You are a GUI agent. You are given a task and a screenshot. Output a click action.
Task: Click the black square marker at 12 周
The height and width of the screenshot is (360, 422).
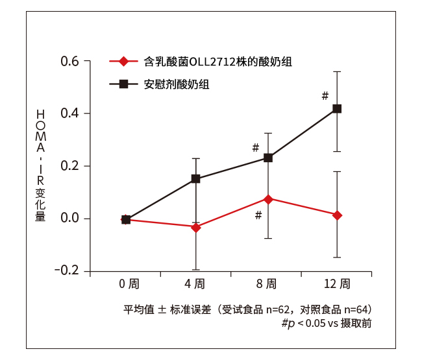coord(337,109)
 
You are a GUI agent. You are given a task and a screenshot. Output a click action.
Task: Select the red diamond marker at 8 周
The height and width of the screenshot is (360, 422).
coord(269,198)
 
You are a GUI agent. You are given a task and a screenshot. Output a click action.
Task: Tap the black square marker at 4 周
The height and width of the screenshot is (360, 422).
coord(196,179)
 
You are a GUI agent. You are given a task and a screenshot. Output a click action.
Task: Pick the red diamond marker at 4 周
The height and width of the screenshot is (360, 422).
coord(196,227)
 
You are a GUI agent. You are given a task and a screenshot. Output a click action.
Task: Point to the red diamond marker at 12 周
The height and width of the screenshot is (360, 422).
coord(337,215)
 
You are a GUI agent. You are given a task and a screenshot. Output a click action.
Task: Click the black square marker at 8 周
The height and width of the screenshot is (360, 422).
coord(268,158)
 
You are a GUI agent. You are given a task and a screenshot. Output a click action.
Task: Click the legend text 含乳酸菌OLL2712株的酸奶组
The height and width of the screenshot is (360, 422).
coord(217,62)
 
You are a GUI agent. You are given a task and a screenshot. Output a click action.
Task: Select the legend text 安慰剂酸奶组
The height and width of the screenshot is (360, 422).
coord(177,84)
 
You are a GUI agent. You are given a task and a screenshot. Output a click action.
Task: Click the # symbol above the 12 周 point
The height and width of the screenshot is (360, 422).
coord(325,96)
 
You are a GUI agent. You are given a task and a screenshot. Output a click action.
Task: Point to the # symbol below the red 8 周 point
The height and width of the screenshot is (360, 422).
coord(258,215)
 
